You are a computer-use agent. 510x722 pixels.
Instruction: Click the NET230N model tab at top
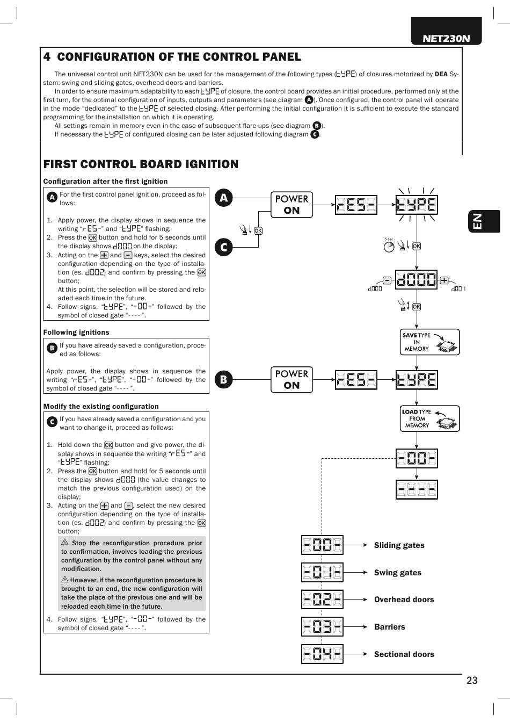pyautogui.click(x=446, y=38)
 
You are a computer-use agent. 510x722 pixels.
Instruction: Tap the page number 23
pyautogui.click(x=471, y=681)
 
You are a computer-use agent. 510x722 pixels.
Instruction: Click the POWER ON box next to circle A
pyautogui.click(x=292, y=205)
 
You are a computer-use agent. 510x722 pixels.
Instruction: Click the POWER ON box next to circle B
pyautogui.click(x=292, y=379)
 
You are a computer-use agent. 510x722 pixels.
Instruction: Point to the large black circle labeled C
pyautogui.click(x=224, y=247)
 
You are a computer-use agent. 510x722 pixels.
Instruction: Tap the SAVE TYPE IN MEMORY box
pyautogui.click(x=429, y=342)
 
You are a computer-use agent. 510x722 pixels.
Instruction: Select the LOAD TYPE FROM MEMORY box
pyautogui.click(x=429, y=418)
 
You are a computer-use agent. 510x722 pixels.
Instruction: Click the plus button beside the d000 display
pyautogui.click(x=444, y=280)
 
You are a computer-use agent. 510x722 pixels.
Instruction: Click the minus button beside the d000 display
pyautogui.click(x=387, y=280)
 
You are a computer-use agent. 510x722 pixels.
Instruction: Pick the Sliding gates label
pyautogui.click(x=399, y=545)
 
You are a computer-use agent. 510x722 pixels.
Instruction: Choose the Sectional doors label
pyautogui.click(x=404, y=654)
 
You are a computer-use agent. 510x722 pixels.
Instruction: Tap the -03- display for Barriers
pyautogui.click(x=322, y=627)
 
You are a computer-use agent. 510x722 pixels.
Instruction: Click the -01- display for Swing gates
pyautogui.click(x=322, y=573)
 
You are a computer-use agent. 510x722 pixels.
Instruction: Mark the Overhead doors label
pyautogui.click(x=404, y=600)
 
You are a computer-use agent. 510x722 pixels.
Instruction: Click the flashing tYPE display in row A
pyautogui.click(x=416, y=205)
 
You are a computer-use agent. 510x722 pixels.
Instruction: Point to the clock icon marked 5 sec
pyautogui.click(x=389, y=247)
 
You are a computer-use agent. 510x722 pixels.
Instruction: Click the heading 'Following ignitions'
pyautogui.click(x=76, y=333)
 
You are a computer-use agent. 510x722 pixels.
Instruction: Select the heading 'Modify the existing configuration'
pyautogui.click(x=101, y=407)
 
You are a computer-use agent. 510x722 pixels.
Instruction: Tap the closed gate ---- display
pyautogui.click(x=417, y=489)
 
